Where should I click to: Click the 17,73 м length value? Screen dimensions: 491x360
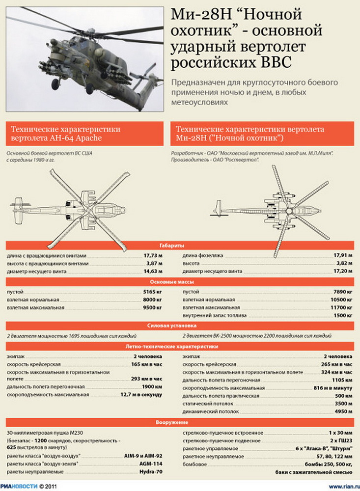coord(153,256)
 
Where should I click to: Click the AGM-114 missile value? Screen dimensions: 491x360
coord(151,463)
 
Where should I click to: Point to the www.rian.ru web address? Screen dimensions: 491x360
coord(339,486)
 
